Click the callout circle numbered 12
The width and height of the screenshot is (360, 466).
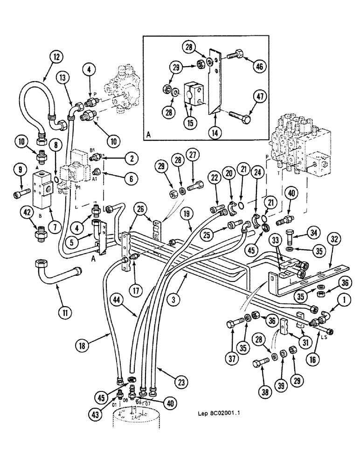click(x=56, y=58)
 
